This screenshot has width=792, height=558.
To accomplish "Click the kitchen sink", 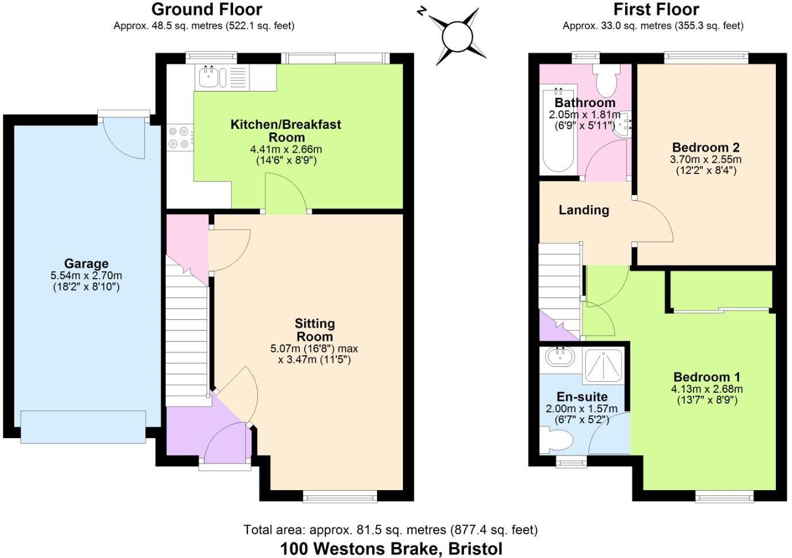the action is tap(212, 77).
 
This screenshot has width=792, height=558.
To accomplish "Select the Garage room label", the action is tap(86, 264).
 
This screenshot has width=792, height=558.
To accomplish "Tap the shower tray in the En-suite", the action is tap(603, 367).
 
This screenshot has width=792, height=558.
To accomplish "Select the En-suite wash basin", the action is tap(560, 358).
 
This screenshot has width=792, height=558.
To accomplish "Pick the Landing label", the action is tap(584, 210).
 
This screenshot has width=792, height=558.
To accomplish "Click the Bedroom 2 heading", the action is tap(706, 147).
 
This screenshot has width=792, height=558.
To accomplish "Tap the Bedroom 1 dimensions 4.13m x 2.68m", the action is tap(707, 389).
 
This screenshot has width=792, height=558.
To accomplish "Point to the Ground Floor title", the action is tap(207, 10).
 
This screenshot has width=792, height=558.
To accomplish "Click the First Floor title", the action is tap(656, 10).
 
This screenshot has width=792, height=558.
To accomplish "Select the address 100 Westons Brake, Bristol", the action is tap(391, 549).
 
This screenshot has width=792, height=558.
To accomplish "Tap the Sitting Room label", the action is tap(315, 330).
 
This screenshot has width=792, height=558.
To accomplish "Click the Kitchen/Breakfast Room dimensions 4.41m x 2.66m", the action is tap(286, 149).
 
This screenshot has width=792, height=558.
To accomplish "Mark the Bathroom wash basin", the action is tap(622, 124).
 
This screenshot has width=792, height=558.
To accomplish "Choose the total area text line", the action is tap(391, 530).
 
